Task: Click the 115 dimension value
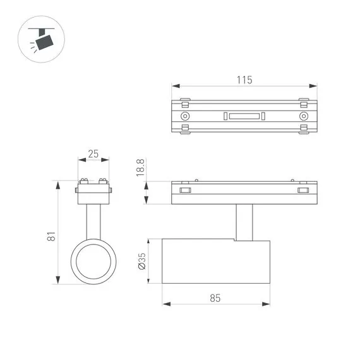[x=244, y=80]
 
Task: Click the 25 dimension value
[x=93, y=153]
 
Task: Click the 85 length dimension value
[x=215, y=298]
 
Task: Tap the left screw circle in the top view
[x=185, y=117]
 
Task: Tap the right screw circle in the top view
[x=304, y=117]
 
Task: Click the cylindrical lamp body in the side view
[x=215, y=261]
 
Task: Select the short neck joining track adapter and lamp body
[x=244, y=222]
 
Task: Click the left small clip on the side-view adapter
[x=185, y=189]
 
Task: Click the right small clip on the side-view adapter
[x=304, y=189]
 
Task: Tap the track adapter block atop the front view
[x=94, y=193]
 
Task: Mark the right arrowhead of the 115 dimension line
[x=314, y=87]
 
